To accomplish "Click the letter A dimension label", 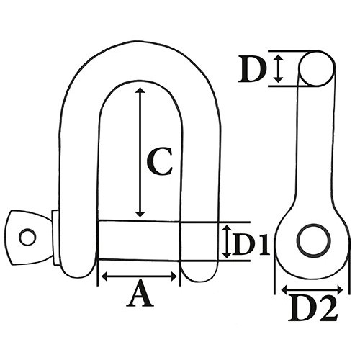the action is pyautogui.click(x=140, y=294).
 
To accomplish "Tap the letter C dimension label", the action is pyautogui.click(x=159, y=161).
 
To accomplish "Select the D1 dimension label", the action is pyautogui.click(x=251, y=244).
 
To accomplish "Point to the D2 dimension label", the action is pyautogui.click(x=313, y=309).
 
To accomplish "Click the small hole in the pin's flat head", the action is pyautogui.click(x=27, y=237).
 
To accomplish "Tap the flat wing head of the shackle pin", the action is pyautogui.click(x=29, y=238).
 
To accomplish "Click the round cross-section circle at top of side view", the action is pyautogui.click(x=317, y=68).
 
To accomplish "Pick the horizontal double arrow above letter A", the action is pyautogui.click(x=139, y=276).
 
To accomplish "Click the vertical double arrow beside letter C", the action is pyautogui.click(x=140, y=152).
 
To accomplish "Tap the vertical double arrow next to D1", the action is pyautogui.click(x=226, y=242).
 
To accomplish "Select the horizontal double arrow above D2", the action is pyautogui.click(x=312, y=289).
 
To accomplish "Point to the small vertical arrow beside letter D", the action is pyautogui.click(x=278, y=68).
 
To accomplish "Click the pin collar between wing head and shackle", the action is pyautogui.click(x=55, y=238).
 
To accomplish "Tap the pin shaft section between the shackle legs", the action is pyautogui.click(x=139, y=240).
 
